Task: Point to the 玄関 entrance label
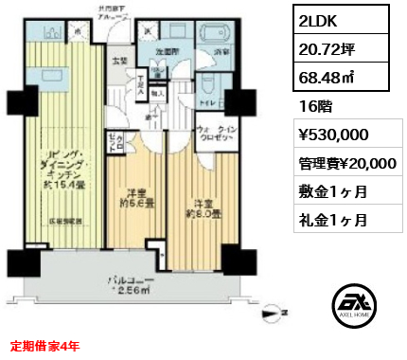(120, 63)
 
